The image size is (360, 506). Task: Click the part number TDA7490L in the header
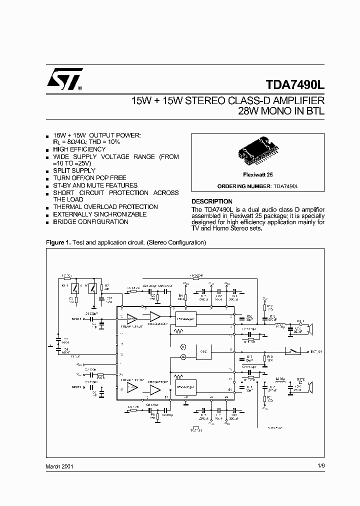click(x=294, y=85)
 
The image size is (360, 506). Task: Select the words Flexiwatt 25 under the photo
click(x=258, y=176)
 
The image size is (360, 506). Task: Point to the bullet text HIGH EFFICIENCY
click(x=79, y=149)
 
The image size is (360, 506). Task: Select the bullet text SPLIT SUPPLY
click(x=74, y=171)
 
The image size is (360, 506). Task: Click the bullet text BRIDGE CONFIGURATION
click(x=91, y=222)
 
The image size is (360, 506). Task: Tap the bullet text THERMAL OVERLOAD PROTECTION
click(x=105, y=207)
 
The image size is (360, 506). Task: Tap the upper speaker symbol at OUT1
click(x=310, y=328)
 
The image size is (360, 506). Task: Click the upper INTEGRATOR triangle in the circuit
click(x=154, y=317)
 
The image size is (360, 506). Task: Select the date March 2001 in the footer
click(x=60, y=466)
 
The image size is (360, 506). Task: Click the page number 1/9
click(x=320, y=466)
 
